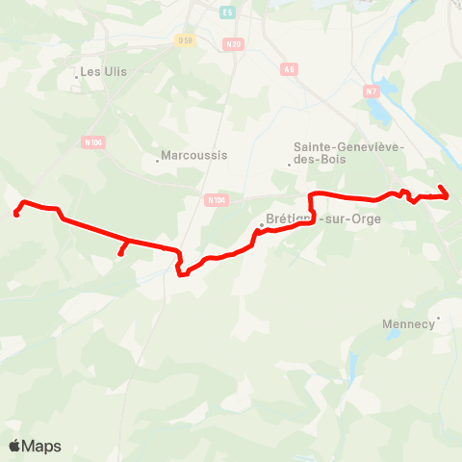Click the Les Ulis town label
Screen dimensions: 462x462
pos(104,71)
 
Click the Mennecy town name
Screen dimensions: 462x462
pos(409,323)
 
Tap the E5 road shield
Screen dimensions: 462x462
pos(227,12)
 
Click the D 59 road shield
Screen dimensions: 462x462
pos(186,39)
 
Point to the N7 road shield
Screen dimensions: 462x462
pos(372,90)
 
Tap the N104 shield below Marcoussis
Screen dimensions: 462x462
pos(217,200)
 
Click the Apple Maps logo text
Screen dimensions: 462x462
pos(42,447)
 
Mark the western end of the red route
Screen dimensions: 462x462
pos(16,215)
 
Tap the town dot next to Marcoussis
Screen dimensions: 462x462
pos(158,161)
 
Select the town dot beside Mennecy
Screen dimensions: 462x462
pos(438,317)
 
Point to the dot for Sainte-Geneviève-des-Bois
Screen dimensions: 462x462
pos(289,165)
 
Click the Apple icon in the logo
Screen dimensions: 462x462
pos(15,446)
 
